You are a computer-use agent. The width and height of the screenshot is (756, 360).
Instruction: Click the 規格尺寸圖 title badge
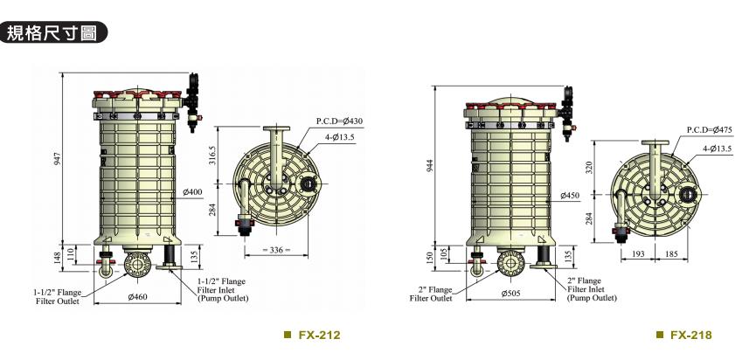52,32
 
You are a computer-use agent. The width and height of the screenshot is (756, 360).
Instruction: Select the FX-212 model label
312,335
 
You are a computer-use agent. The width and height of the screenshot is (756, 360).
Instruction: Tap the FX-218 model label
684,335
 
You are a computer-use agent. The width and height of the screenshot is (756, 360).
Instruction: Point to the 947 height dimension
59,158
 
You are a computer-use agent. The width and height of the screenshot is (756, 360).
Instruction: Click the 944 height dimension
431,165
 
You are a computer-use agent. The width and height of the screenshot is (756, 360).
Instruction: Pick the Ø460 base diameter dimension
137,297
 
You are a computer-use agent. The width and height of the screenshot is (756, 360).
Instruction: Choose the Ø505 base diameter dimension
510,293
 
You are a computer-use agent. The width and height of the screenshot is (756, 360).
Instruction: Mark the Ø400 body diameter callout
192,192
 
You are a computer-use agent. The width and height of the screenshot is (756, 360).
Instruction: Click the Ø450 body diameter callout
570,195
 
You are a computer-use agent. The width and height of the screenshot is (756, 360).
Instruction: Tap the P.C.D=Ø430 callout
339,121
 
